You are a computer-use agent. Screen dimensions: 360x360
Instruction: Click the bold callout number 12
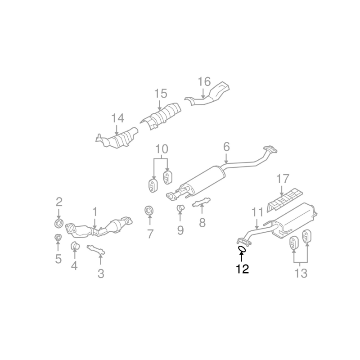coord(243,269)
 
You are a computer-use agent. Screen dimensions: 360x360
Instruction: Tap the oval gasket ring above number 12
coord(242,249)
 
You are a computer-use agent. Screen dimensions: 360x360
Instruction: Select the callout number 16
coord(204,81)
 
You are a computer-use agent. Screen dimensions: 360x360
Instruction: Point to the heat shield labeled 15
coord(161,116)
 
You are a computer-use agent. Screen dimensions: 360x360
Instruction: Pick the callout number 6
coord(226,147)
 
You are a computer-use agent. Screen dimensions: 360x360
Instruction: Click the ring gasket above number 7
coord(149,211)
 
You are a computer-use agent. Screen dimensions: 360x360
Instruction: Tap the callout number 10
coord(162,149)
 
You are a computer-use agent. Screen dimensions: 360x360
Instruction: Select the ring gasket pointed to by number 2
coord(59,223)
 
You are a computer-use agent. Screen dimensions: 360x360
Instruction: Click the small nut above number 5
coord(58,238)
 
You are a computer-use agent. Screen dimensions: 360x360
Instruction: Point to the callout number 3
coord(101,274)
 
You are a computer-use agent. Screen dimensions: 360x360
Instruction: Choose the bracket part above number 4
coord(75,246)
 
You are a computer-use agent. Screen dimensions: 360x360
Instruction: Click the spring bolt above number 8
coord(201,202)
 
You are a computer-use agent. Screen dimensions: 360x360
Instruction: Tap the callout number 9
coord(180,230)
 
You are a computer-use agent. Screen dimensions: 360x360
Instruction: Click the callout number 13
coord(301,273)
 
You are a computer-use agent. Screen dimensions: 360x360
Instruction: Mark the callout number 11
coord(257,212)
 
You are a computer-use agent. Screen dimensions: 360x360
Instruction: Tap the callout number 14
coord(117,118)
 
